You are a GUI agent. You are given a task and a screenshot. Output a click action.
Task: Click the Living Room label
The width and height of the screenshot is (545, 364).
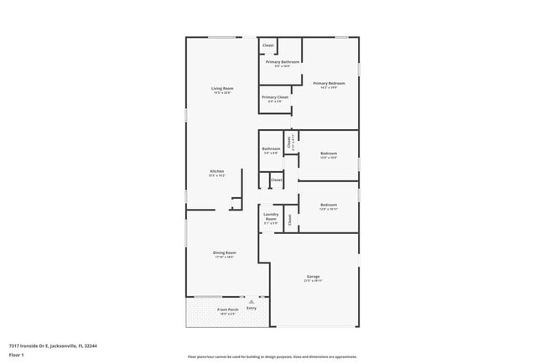(x=221, y=88)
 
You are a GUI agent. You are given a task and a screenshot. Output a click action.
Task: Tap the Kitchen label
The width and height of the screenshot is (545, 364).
(x=217, y=171)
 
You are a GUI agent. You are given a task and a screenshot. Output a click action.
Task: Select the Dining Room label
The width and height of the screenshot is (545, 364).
(x=224, y=252)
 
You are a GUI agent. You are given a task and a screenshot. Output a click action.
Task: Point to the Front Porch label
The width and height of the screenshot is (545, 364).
(x=228, y=309)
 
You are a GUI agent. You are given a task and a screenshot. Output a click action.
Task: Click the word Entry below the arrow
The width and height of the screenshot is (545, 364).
(x=251, y=309)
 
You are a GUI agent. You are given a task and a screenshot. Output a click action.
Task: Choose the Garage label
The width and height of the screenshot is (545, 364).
(x=313, y=276)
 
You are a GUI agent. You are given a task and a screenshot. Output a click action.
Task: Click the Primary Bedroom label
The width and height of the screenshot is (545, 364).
(x=329, y=83)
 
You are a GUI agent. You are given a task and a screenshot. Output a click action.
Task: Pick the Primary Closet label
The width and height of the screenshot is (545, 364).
(x=274, y=97)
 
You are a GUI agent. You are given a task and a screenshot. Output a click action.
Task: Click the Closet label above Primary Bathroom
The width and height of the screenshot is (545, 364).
(x=268, y=45)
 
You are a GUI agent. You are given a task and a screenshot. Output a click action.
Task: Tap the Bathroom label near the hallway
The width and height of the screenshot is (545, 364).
(x=271, y=148)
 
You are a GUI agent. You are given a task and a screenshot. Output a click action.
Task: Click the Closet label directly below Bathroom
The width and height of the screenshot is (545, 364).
(x=277, y=179)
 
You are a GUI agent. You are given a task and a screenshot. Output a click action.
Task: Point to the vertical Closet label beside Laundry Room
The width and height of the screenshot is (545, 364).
(x=289, y=220)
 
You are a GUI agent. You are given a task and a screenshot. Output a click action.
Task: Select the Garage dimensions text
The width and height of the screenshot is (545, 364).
(x=313, y=281)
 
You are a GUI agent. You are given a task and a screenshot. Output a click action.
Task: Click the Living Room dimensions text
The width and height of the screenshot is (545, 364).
(x=221, y=93)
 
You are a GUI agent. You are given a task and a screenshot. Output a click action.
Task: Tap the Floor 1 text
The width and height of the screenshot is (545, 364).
(x=17, y=355)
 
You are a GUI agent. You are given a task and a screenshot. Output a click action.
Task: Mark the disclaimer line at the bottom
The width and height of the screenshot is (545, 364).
(x=272, y=356)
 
